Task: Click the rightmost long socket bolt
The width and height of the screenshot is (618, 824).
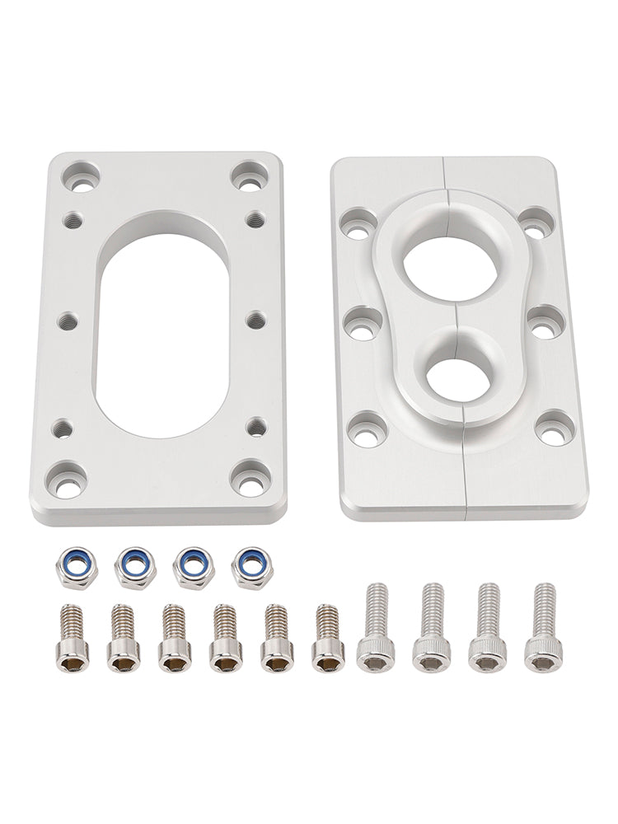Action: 541,627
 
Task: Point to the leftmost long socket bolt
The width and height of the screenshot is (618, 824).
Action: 374,627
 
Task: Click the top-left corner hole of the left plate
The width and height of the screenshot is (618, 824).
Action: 82,176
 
